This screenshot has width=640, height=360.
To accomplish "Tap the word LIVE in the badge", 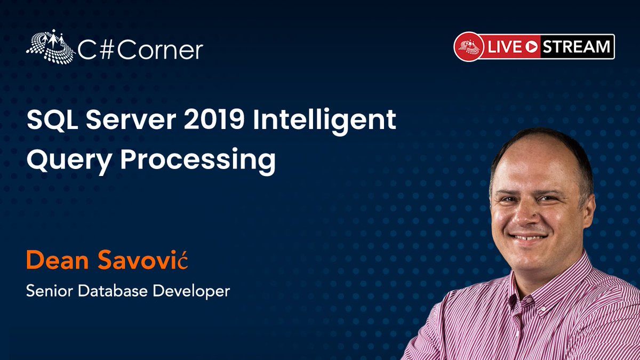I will (503, 47).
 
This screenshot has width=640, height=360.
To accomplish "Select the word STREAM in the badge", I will (577, 47).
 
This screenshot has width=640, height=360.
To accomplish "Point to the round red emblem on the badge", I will (468, 47).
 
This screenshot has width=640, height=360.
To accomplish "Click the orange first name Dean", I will (58, 261).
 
